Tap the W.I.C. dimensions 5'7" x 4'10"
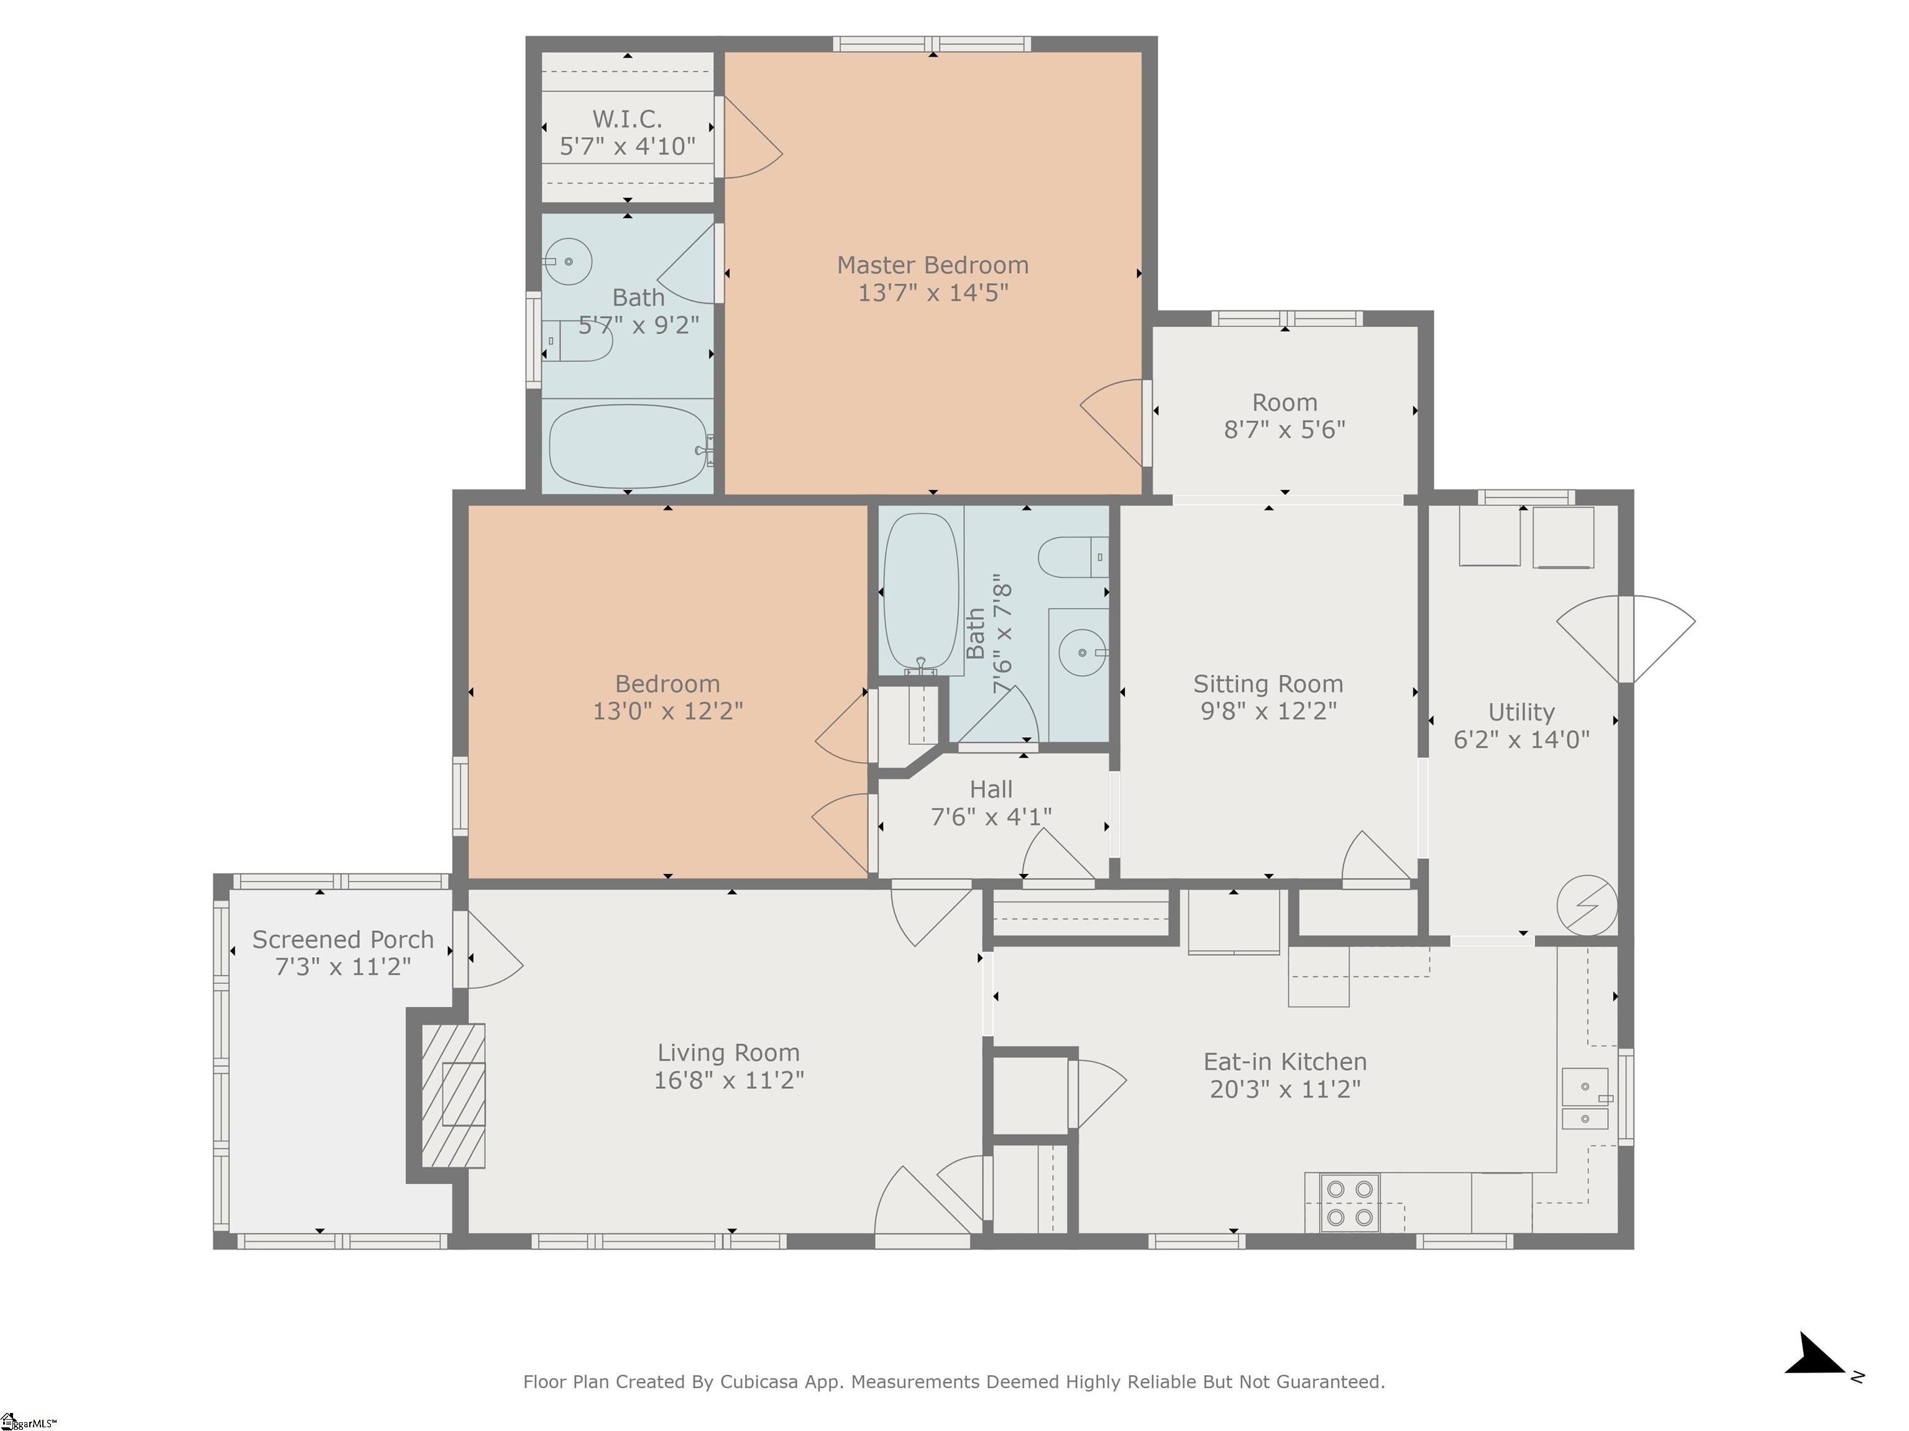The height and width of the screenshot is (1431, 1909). coord(628,147)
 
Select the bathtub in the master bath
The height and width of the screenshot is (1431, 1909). coord(628,447)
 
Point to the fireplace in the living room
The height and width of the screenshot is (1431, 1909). coord(453,1096)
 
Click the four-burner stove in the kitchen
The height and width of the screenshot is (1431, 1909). coord(1350,1203)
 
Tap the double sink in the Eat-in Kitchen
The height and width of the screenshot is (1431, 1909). coord(1585,1100)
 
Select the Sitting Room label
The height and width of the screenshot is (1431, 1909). coord(1268,684)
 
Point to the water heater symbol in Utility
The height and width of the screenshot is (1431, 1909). coord(1586,906)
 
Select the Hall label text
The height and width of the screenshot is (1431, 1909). coord(991,789)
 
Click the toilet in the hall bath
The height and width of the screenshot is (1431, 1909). coord(1070,557)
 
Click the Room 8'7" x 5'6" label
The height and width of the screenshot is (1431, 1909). coord(1284,416)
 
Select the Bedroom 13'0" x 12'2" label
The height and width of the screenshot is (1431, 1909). coord(667,697)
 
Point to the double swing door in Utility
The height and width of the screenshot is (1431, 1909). coord(1626,639)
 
